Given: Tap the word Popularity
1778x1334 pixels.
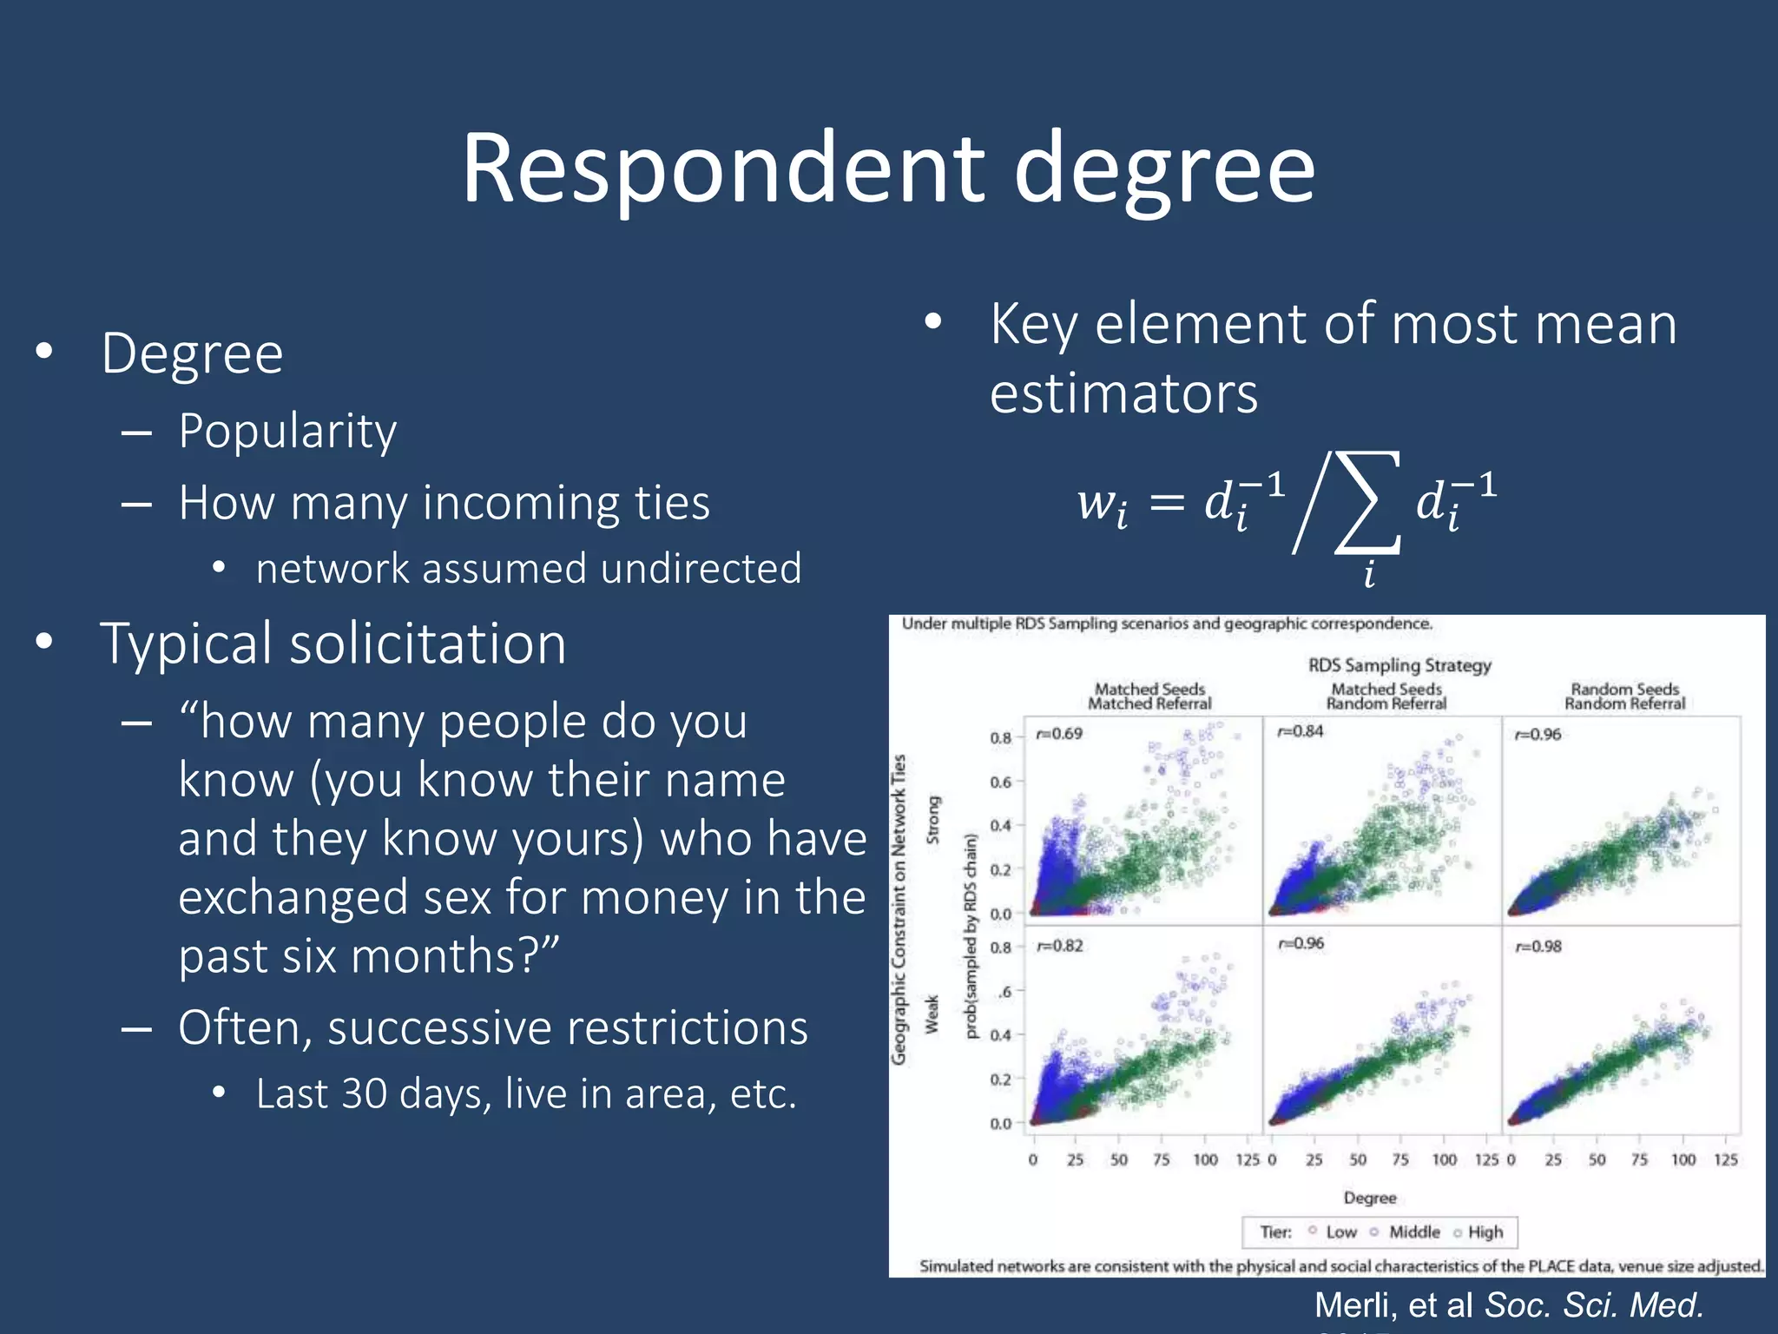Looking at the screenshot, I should tap(287, 432).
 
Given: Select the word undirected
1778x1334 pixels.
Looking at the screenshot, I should tap(701, 569).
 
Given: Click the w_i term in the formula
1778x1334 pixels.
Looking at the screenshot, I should tap(1103, 504).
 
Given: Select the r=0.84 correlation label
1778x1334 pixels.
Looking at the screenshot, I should tap(1300, 731).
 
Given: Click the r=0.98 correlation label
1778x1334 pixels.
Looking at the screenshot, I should tap(1538, 946).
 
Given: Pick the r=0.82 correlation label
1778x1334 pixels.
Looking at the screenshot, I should tap(1059, 946).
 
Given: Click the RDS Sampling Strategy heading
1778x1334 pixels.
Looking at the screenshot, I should tap(1399, 665).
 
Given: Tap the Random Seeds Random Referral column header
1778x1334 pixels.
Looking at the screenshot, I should tap(1624, 697).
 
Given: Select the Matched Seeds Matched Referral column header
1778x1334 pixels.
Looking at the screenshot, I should tap(1149, 697).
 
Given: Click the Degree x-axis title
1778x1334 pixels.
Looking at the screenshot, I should tap(1370, 1198).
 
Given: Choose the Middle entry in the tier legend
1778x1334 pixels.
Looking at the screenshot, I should tap(1413, 1232).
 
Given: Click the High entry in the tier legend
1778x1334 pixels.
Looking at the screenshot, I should tap(1485, 1232).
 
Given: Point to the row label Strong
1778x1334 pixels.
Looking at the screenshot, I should tap(933, 820).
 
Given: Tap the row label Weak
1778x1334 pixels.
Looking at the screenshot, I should tap(932, 1014).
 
